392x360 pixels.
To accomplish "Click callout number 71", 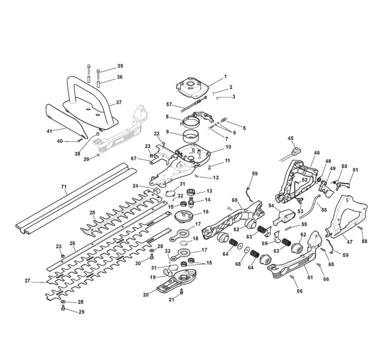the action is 64,186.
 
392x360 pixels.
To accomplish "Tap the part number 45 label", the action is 290,139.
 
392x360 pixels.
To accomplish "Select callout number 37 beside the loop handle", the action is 119,102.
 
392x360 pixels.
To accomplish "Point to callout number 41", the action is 49,131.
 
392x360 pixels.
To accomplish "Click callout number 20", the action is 146,295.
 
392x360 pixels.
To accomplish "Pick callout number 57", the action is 169,104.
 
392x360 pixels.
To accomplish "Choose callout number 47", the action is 349,242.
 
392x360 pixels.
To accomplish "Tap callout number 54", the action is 271,205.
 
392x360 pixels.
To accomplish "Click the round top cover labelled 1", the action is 192,87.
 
